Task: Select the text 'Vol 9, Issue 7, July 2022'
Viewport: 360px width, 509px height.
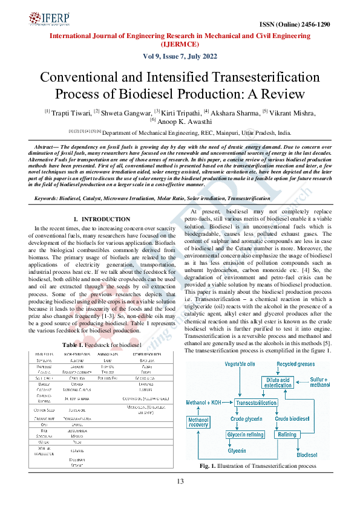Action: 179,56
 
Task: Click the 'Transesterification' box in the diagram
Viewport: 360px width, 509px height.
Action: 256,403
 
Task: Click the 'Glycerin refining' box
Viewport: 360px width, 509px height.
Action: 245,435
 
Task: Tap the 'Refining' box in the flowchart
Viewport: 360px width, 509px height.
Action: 286,435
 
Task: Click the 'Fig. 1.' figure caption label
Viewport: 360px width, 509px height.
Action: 209,467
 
